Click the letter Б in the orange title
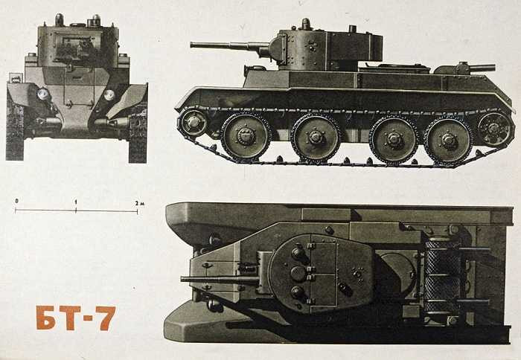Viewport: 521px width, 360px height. [46, 318]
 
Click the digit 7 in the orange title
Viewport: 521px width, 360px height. [105, 318]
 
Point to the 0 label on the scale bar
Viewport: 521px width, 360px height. [16, 202]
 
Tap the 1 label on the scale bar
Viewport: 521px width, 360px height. [76, 202]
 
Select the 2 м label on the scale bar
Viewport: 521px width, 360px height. [138, 202]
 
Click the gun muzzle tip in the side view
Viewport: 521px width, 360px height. [193, 45]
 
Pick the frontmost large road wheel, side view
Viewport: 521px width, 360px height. [245, 136]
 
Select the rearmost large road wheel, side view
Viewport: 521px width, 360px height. [448, 139]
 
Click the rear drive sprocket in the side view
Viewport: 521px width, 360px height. [495, 129]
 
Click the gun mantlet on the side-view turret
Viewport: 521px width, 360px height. [277, 48]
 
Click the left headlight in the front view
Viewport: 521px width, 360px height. [43, 94]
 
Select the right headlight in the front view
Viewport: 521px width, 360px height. [109, 94]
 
